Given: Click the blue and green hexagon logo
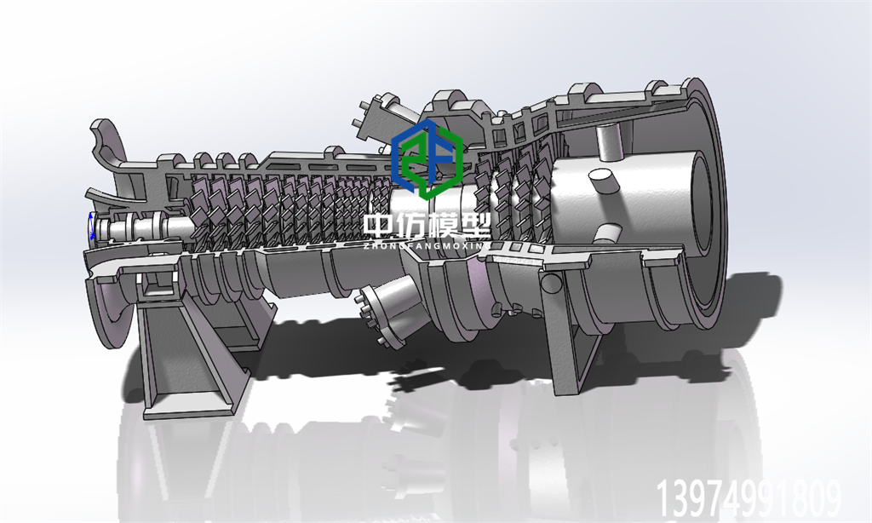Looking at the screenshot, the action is click(x=427, y=159).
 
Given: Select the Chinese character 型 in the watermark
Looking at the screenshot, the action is click(x=474, y=227).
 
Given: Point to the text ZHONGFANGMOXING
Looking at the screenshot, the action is click(x=427, y=245).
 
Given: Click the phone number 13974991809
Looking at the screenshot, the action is click(x=749, y=498).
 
